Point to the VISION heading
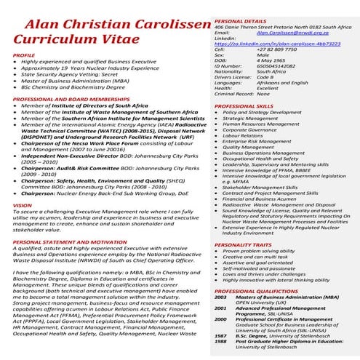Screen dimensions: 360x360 23,206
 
